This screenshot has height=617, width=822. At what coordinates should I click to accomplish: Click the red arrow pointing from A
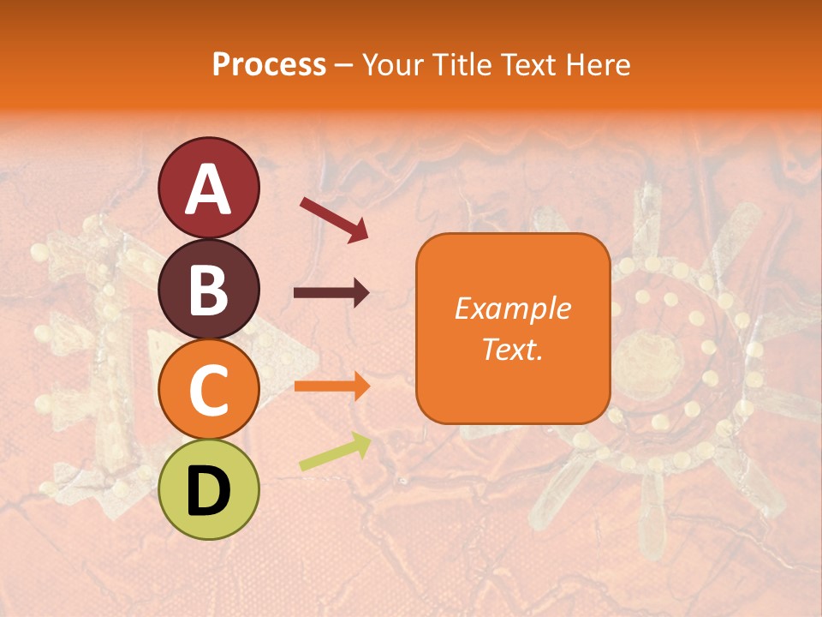[334, 219]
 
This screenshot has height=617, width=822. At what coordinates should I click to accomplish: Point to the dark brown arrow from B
[331, 293]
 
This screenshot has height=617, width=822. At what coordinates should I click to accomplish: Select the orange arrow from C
[331, 386]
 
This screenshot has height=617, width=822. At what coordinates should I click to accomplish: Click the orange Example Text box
[513, 328]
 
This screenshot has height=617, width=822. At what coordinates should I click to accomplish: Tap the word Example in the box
[513, 308]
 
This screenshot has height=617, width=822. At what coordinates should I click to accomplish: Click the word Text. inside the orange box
[513, 350]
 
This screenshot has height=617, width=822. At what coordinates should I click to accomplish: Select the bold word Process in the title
[269, 64]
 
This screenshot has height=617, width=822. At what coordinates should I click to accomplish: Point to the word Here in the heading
[599, 64]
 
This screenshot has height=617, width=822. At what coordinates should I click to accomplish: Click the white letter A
[208, 190]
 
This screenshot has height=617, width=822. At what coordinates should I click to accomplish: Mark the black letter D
[208, 492]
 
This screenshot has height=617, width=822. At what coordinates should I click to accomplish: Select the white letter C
[208, 391]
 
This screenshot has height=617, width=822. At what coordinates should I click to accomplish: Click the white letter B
[208, 291]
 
